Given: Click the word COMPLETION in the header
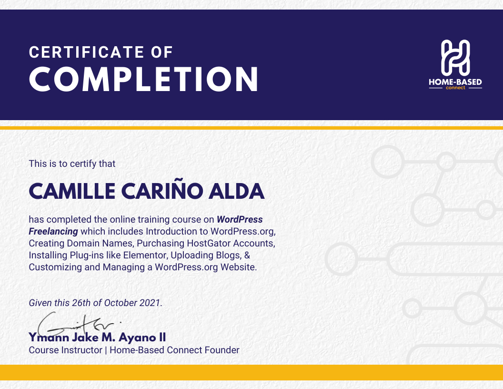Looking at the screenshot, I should (x=144, y=80).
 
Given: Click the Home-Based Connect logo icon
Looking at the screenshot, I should (x=455, y=57).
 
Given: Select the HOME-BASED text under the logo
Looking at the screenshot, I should (x=455, y=82).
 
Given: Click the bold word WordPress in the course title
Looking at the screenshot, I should (x=240, y=220).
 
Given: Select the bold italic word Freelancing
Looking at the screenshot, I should (x=53, y=232).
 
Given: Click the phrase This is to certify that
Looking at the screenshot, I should (x=72, y=164).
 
